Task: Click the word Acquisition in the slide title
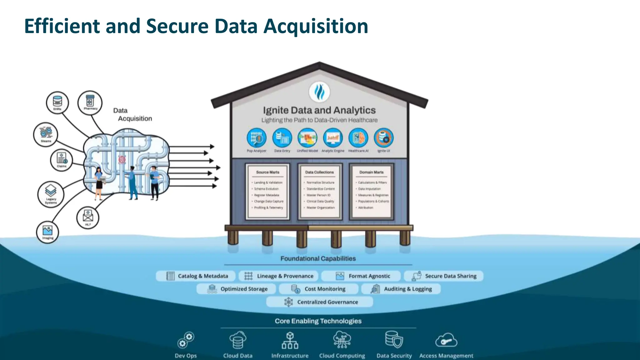click(x=316, y=26)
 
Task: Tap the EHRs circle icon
click(x=57, y=102)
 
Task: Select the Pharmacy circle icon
click(x=90, y=102)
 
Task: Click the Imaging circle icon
click(x=47, y=232)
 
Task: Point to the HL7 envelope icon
click(x=88, y=217)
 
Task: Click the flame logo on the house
click(x=319, y=92)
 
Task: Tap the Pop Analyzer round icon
click(x=257, y=138)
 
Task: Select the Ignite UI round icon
click(x=383, y=138)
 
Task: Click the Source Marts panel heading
click(x=268, y=172)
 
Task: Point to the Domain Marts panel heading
click(x=371, y=172)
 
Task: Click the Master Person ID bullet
click(x=318, y=195)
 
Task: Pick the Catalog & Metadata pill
click(x=196, y=276)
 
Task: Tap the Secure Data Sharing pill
click(x=444, y=276)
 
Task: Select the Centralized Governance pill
click(x=320, y=302)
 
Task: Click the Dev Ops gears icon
click(x=186, y=340)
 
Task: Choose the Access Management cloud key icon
click(x=446, y=341)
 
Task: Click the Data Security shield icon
click(x=394, y=340)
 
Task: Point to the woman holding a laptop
click(x=99, y=183)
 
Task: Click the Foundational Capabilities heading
click(x=318, y=258)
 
